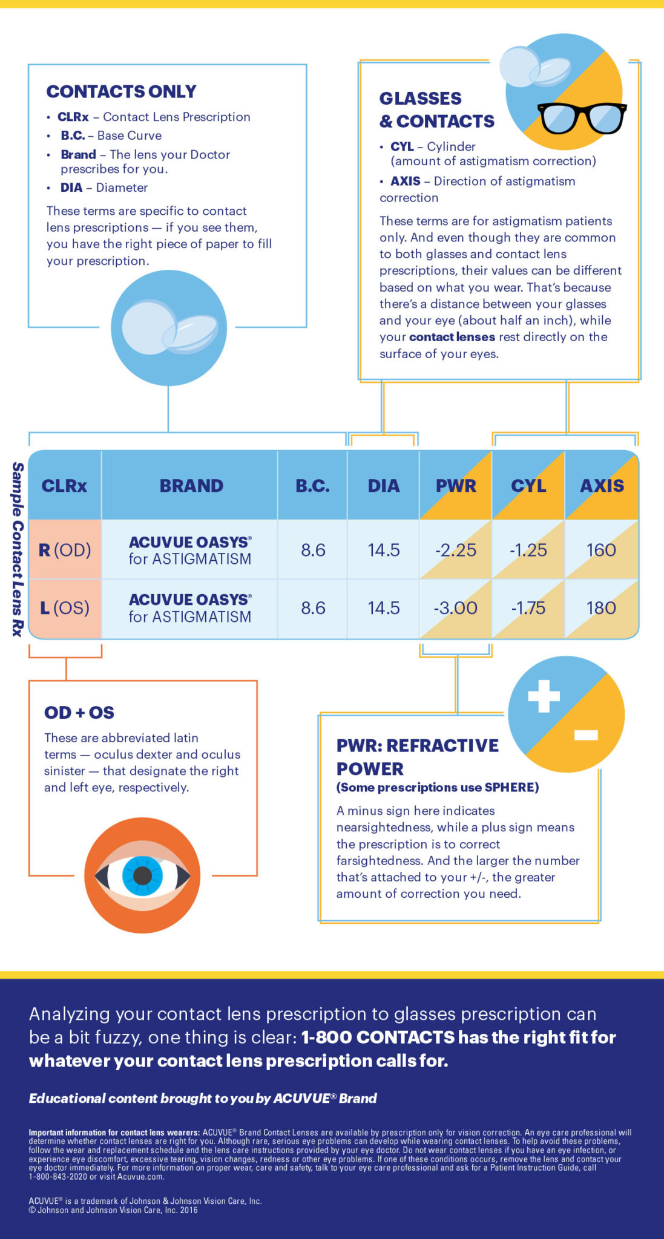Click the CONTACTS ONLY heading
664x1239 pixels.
121,91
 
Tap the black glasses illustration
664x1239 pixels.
582,117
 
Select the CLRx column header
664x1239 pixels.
64,486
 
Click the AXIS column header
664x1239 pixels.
602,486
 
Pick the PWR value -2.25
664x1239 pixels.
456,550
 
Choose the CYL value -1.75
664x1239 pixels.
528,608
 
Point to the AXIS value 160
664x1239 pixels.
601,550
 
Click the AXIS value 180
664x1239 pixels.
601,608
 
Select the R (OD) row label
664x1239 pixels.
65,550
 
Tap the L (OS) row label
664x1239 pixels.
65,608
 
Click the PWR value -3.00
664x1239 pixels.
456,608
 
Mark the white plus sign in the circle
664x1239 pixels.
544,695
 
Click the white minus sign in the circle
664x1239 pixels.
586,735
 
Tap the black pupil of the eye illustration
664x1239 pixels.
142,875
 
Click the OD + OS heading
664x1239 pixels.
79,713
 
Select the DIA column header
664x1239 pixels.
384,486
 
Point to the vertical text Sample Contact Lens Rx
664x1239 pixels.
18,549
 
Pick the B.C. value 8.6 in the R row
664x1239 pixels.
313,550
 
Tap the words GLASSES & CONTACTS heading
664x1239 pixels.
436,110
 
